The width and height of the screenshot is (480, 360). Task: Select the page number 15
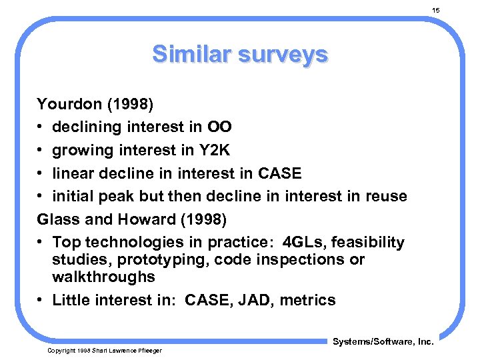(x=436, y=11)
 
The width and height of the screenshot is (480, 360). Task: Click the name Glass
(x=57, y=219)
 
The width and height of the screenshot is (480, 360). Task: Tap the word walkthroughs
(x=103, y=276)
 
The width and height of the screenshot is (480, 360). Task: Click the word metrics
(x=307, y=300)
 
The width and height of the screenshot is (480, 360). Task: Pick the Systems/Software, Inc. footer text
(x=383, y=342)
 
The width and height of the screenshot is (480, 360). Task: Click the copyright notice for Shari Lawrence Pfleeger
(x=104, y=350)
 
